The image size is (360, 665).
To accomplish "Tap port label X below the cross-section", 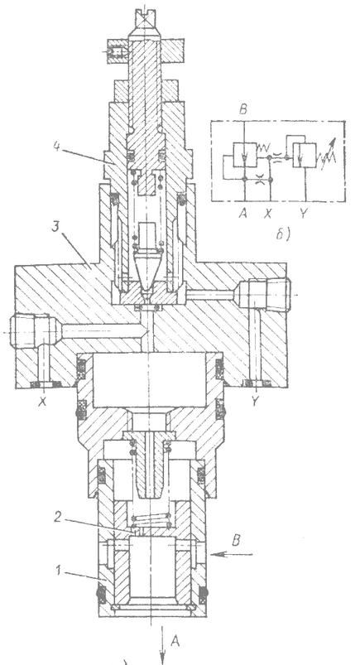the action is tap(41, 401).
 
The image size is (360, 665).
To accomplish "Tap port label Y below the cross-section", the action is tap(254, 401).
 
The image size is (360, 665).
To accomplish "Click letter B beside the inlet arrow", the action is tap(236, 541).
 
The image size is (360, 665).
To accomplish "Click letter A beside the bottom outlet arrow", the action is tap(175, 642).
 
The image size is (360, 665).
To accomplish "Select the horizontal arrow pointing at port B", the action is tap(232, 554).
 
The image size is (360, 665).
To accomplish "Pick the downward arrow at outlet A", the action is tap(162, 643).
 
